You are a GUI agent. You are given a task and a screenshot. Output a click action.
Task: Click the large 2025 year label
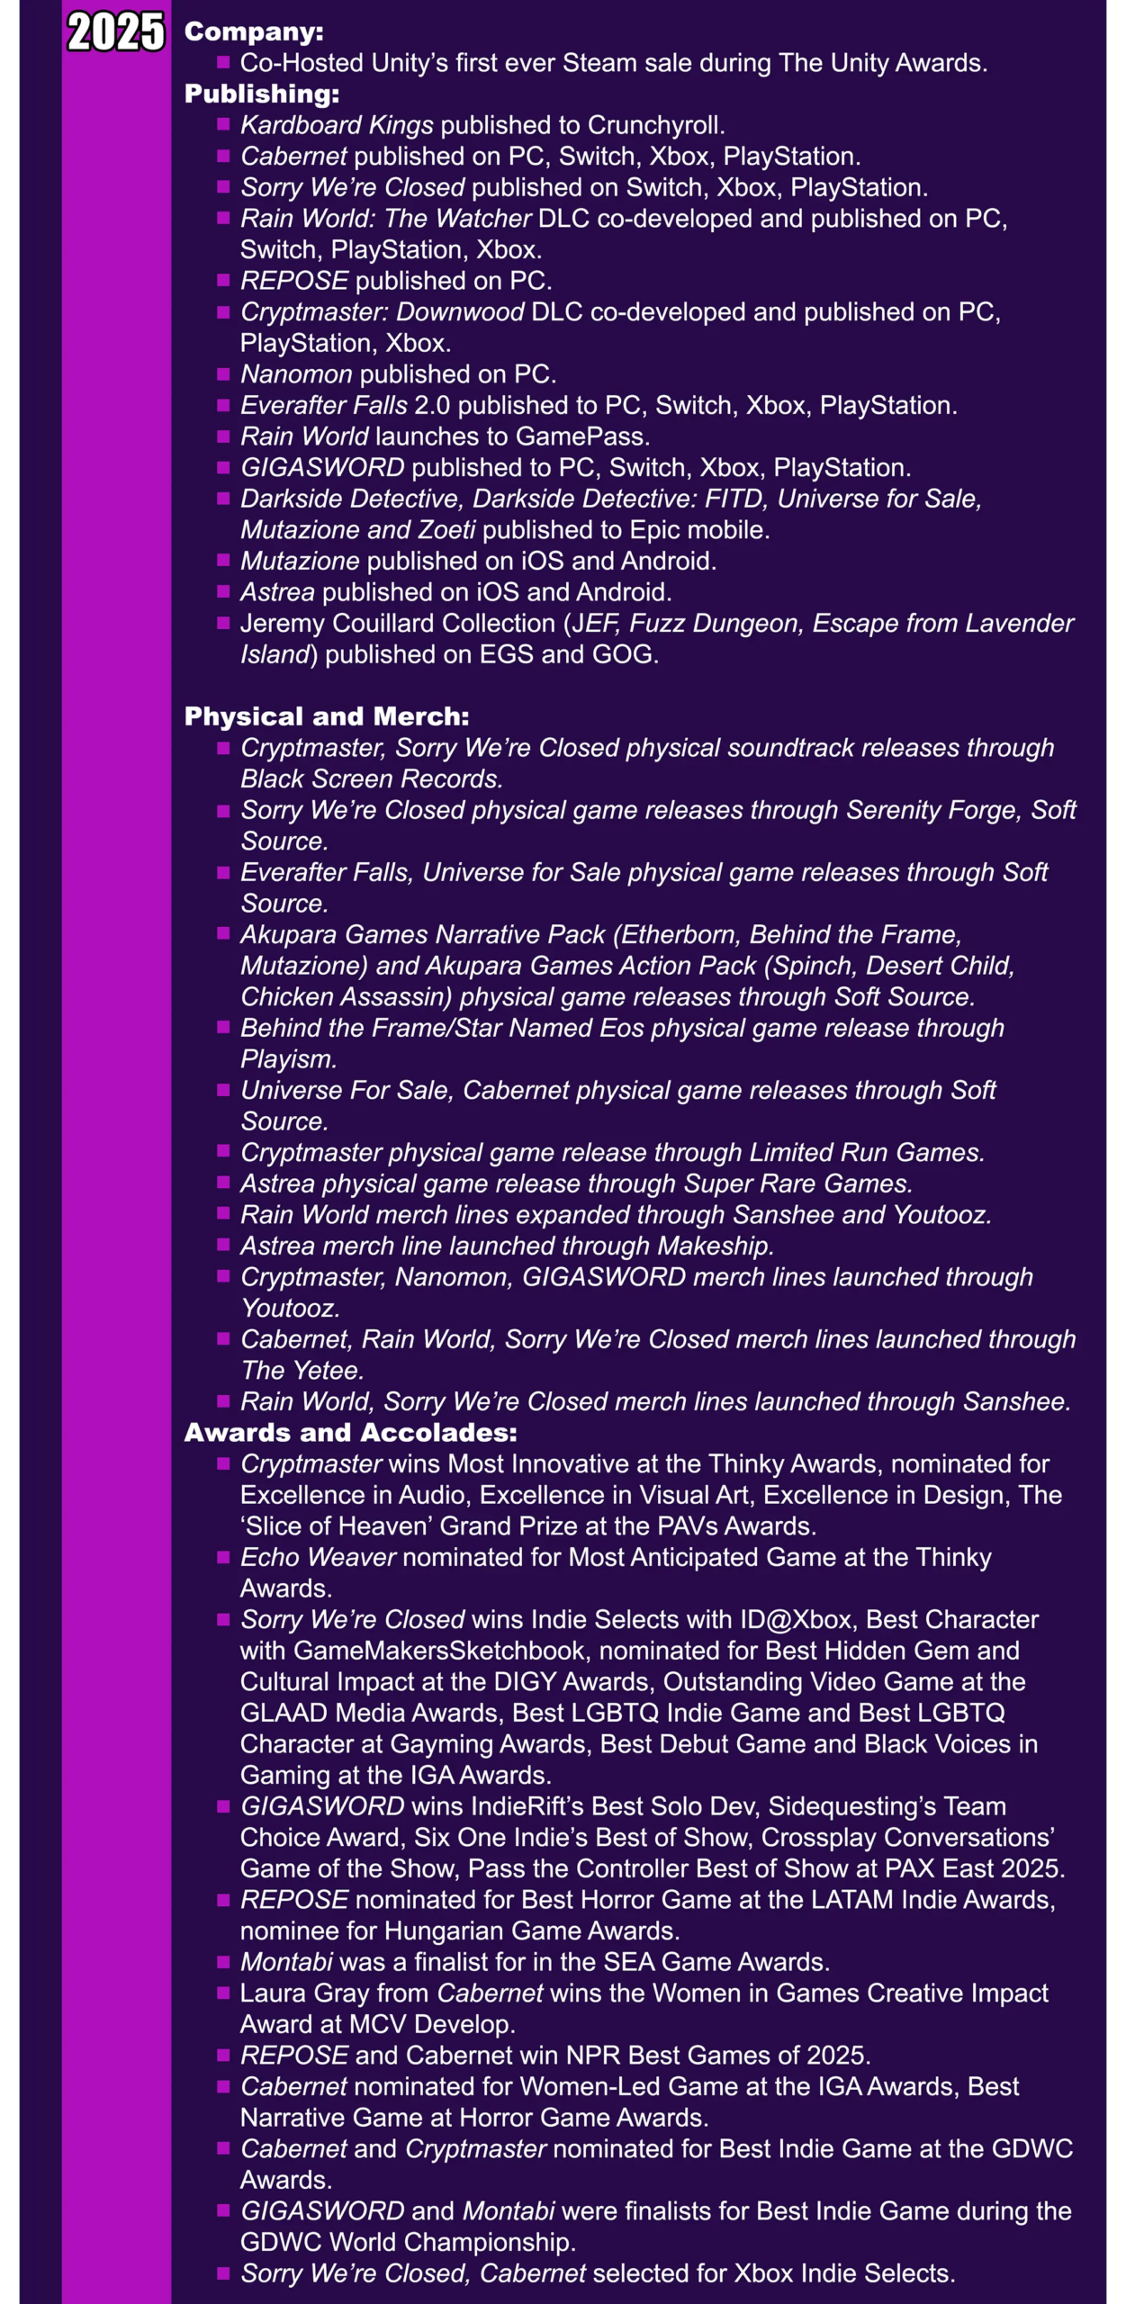coord(116,32)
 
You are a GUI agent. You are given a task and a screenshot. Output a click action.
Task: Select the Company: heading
coord(254,31)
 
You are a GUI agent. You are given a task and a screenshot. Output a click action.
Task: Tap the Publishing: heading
coord(261,94)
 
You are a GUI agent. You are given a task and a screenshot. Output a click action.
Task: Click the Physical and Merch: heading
coord(327,716)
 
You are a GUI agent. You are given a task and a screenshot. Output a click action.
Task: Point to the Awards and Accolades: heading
coord(350,1433)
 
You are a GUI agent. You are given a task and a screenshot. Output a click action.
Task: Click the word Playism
coord(287,1059)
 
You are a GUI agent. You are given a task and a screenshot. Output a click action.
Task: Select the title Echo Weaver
coord(318,1557)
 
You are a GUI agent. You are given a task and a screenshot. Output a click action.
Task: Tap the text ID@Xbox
coord(796,1619)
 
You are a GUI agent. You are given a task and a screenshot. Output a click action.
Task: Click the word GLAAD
coord(284,1713)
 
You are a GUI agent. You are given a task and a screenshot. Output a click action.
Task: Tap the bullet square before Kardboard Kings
coord(223,124)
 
